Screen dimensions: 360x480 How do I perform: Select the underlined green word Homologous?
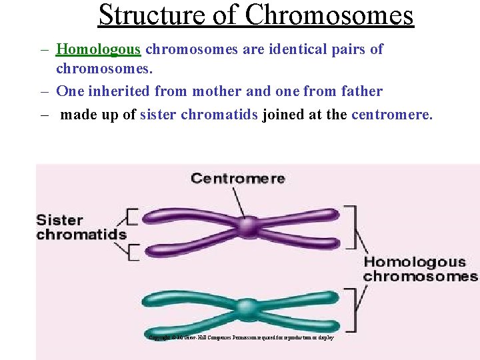(99, 49)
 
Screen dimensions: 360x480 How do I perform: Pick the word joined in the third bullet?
(283, 115)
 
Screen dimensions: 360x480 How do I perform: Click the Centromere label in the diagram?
(237, 178)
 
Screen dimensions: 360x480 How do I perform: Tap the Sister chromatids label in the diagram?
(81, 227)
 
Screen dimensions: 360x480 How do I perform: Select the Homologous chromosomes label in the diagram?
(420, 269)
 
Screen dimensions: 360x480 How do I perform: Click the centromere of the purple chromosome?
(249, 226)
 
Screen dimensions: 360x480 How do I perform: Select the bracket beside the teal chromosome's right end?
(351, 309)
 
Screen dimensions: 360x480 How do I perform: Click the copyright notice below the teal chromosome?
(241, 338)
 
